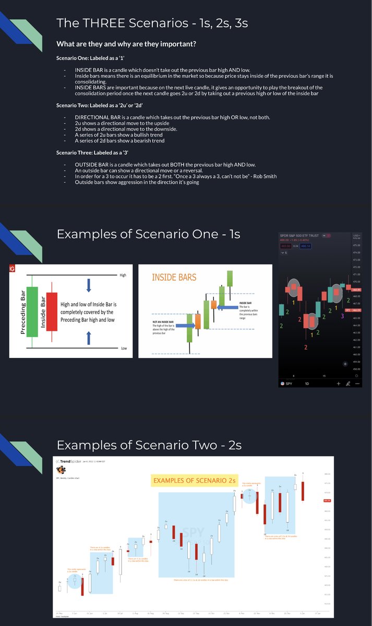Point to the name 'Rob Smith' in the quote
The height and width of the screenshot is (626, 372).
tap(263, 176)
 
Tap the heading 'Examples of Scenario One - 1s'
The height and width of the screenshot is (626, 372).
tap(148, 234)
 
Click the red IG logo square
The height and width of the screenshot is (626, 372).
tap(12, 268)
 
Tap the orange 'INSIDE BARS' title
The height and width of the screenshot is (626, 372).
tap(174, 277)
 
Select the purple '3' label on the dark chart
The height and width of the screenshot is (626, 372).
tap(342, 316)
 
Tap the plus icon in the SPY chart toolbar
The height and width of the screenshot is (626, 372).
tap(338, 383)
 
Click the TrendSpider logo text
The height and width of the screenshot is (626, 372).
tap(71, 462)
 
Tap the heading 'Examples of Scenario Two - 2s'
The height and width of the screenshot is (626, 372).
tap(149, 445)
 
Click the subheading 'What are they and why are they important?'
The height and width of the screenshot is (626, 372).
tap(126, 44)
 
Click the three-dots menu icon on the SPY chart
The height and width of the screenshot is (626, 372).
tap(357, 383)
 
